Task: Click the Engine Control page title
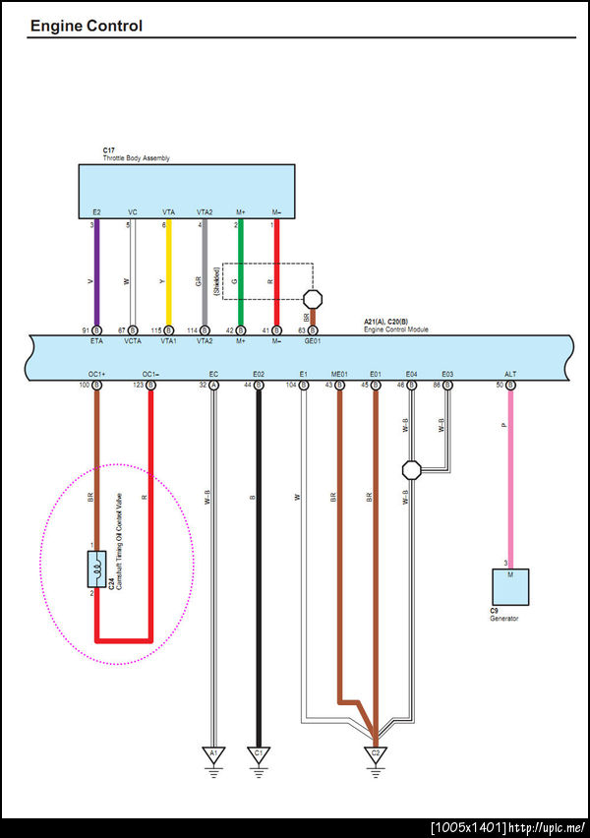click(x=86, y=26)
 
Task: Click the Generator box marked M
click(x=509, y=586)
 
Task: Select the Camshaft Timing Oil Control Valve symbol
click(x=96, y=569)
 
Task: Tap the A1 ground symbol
click(x=212, y=755)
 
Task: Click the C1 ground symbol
click(x=259, y=755)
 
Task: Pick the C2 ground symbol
click(x=376, y=755)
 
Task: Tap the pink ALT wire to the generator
click(x=509, y=472)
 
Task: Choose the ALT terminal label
click(x=509, y=375)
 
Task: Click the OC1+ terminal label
click(x=96, y=375)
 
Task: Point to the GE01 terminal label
click(x=313, y=340)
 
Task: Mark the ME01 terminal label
click(x=339, y=375)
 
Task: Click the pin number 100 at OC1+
click(x=85, y=387)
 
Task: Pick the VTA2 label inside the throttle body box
click(x=205, y=212)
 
